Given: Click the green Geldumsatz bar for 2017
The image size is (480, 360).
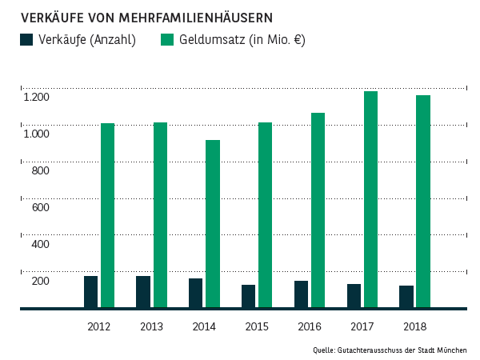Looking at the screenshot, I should click(370, 199).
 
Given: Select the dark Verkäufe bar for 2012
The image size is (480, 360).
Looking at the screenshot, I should click(90, 291).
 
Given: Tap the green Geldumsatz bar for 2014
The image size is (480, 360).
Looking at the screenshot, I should click(213, 223).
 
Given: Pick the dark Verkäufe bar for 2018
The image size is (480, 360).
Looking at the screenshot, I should click(406, 296).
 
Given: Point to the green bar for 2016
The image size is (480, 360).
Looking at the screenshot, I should click(318, 210).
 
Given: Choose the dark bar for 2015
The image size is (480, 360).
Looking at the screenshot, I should click(248, 296).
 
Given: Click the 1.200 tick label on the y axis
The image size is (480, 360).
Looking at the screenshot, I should click(36, 97).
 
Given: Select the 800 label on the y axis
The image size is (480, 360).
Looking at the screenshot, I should click(41, 170).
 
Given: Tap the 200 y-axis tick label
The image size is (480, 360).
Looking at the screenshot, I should click(41, 281).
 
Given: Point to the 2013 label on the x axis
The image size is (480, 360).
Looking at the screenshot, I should click(151, 326).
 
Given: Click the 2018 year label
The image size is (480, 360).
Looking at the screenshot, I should click(415, 326).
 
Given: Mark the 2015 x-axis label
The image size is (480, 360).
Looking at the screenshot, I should click(257, 326).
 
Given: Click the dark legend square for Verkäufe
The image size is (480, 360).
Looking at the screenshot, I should click(26, 39).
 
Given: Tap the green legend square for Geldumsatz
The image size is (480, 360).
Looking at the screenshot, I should click(167, 39).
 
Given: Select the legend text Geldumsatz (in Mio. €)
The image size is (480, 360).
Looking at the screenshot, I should click(242, 39).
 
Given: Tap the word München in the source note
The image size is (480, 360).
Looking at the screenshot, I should click(451, 350).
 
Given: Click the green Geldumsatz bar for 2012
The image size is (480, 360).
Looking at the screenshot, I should click(107, 215).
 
